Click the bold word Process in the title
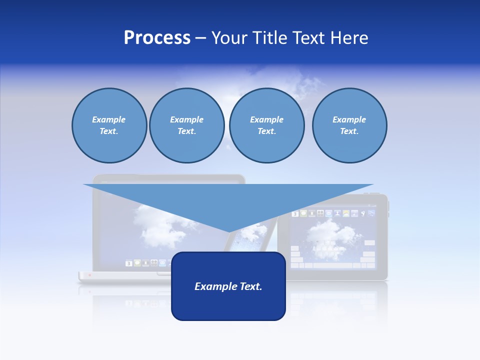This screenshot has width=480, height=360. [x=157, y=38]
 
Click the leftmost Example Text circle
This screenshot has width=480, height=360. [x=109, y=125]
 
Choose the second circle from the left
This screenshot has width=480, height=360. [x=186, y=125]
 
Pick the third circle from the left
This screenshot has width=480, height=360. [x=266, y=125]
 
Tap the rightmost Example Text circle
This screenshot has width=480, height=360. [x=349, y=125]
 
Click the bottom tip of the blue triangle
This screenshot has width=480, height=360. [x=229, y=231]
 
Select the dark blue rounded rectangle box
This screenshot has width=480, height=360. [x=228, y=300]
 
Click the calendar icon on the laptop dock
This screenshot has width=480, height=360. [x=129, y=263]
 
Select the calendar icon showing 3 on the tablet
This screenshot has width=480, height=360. [x=295, y=214]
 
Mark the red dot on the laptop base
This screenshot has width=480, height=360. [x=89, y=275]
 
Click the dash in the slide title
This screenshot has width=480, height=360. [x=201, y=38]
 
